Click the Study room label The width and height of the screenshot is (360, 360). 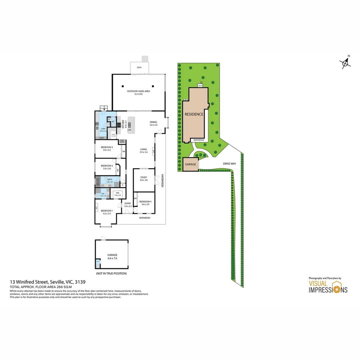(x=144, y=177)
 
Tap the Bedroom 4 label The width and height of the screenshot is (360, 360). (x=145, y=202)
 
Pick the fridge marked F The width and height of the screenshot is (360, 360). (x=122, y=141)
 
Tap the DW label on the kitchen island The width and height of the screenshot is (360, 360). (x=129, y=130)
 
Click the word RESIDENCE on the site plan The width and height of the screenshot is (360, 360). (x=194, y=114)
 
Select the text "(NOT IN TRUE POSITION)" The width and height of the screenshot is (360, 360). (x=111, y=273)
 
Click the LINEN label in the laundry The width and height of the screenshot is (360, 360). (x=101, y=138)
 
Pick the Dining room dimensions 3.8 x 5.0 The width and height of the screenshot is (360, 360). (x=153, y=125)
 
